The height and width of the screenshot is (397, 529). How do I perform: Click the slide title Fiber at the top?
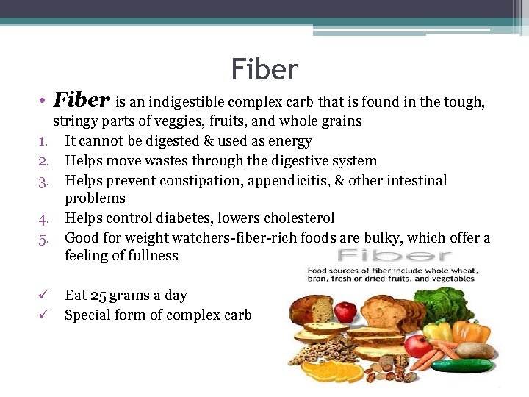click(264, 70)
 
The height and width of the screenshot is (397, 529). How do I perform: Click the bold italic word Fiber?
click(82, 100)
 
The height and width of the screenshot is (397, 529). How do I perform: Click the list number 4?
click(54, 218)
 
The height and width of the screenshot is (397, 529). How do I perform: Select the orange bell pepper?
click(470, 334)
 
